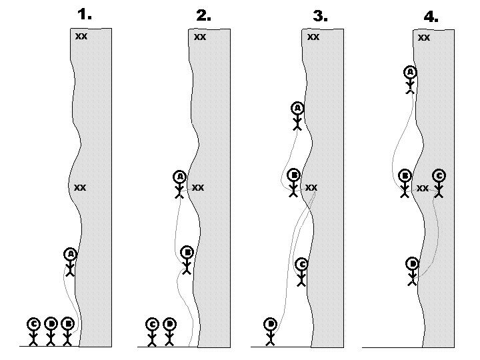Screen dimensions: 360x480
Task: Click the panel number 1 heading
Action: pyautogui.click(x=85, y=13)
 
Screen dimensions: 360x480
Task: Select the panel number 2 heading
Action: pyautogui.click(x=204, y=14)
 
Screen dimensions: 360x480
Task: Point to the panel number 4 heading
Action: pyautogui.click(x=431, y=17)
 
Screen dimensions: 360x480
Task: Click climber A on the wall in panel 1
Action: pyautogui.click(x=70, y=262)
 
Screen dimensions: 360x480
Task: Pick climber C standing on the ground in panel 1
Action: pyautogui.click(x=34, y=331)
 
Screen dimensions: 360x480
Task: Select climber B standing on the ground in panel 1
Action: pyautogui.click(x=67, y=331)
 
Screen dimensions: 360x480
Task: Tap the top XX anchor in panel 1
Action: pyautogui.click(x=81, y=37)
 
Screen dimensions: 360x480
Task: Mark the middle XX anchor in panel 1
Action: pyautogui.click(x=80, y=188)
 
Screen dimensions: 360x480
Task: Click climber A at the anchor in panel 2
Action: pyautogui.click(x=179, y=185)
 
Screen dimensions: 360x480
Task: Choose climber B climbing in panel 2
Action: pyautogui.click(x=188, y=261)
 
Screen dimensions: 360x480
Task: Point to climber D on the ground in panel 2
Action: pyautogui.click(x=169, y=331)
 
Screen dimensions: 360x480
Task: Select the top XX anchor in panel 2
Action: pyautogui.click(x=200, y=37)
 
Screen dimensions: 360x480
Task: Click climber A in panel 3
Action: pyautogui.click(x=297, y=115)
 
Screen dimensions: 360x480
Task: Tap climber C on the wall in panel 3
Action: pyautogui.click(x=301, y=272)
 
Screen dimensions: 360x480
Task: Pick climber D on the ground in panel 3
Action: pyautogui.click(x=271, y=331)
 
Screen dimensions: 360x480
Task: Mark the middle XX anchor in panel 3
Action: pyautogui.click(x=311, y=188)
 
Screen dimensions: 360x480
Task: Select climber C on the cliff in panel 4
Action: pyautogui.click(x=439, y=183)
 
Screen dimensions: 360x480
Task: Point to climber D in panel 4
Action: pyautogui.click(x=413, y=271)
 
